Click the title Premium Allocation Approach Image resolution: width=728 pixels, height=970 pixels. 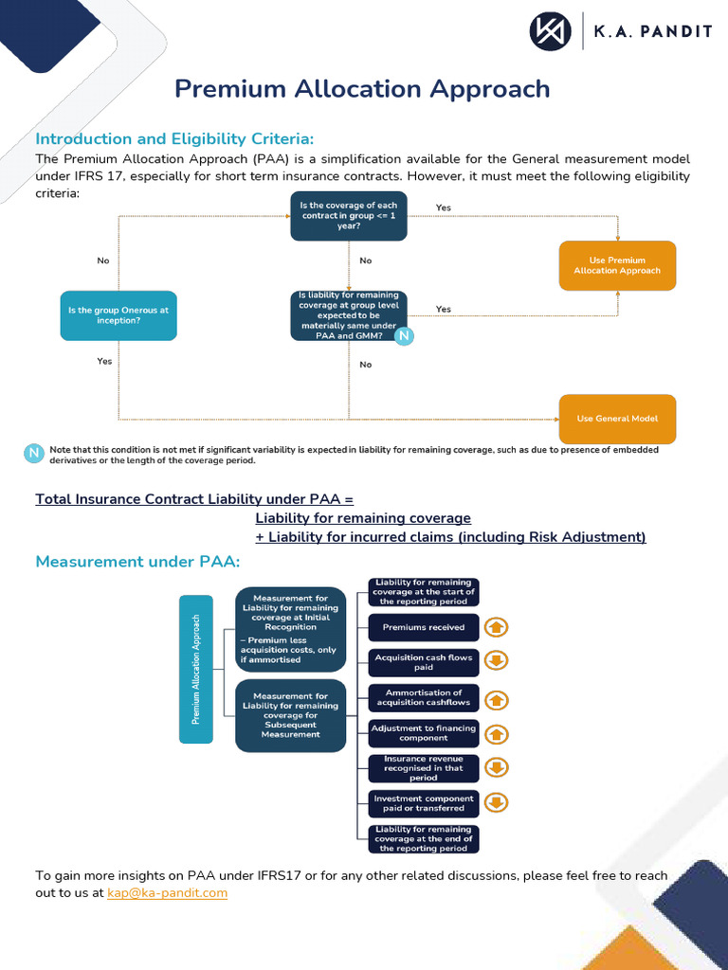point(362,88)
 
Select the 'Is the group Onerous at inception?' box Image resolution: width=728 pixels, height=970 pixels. point(118,315)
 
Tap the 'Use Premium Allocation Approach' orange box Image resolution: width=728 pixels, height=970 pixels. point(617,265)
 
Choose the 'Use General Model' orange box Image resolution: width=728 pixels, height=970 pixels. point(617,419)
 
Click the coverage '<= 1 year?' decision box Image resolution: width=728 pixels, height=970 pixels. point(348,216)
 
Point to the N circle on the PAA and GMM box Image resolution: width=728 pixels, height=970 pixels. point(404,336)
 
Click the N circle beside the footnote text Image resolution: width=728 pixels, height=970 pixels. point(34,454)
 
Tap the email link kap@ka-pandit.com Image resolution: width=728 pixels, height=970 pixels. point(168,892)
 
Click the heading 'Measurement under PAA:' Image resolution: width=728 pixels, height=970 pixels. point(137,562)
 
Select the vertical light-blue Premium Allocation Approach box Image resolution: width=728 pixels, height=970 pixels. point(196,669)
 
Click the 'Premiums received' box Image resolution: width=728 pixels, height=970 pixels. point(424,627)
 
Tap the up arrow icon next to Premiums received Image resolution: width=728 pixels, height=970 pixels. point(496,627)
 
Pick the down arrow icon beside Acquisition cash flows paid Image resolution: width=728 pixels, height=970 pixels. point(496,661)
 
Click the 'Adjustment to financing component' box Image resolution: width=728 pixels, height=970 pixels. point(424,732)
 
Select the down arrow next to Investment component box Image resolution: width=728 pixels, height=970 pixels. point(496,803)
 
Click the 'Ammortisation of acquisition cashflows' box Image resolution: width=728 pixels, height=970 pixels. point(424,698)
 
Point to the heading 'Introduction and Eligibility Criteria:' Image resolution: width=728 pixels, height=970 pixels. point(174,138)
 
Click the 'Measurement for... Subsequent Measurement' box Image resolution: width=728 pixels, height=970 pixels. point(290,715)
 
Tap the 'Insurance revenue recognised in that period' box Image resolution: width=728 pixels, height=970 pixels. point(424,768)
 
